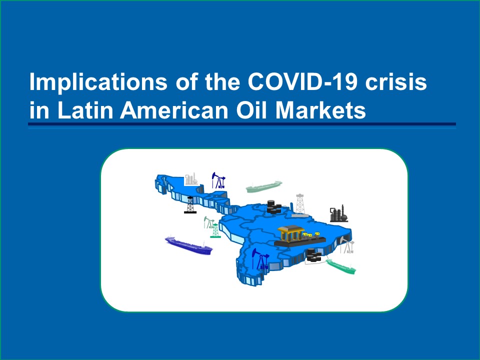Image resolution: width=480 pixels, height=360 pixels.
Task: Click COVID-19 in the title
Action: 302,81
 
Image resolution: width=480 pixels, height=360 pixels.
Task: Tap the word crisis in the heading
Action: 396,81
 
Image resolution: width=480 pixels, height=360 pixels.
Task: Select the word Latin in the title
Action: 85,110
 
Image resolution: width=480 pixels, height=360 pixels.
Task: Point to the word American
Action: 174,110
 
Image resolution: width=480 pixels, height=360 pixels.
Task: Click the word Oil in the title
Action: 252,110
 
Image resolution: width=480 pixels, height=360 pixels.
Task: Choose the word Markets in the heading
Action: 320,110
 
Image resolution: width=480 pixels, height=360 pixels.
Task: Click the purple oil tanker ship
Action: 188,245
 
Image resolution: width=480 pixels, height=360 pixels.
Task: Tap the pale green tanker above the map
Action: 264,186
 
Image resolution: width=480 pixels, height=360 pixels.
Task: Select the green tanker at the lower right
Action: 340,266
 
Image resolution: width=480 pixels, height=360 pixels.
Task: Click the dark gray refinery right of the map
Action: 338,213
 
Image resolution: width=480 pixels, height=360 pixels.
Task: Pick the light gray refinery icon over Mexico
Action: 191,179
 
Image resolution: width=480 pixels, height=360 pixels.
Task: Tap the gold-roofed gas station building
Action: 290,233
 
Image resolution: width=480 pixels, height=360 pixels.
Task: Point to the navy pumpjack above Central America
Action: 218,180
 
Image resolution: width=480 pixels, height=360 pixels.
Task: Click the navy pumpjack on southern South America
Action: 260,258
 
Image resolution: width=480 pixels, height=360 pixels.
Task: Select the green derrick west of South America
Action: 215,230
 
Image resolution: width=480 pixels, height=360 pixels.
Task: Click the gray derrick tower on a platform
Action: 300,205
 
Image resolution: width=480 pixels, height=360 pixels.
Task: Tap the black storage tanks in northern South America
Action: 273,206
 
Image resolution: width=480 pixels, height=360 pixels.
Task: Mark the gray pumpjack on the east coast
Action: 347,246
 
